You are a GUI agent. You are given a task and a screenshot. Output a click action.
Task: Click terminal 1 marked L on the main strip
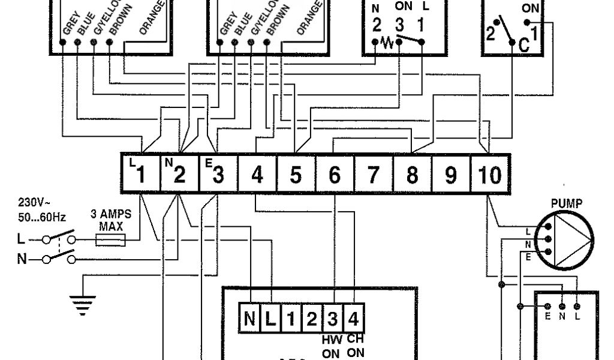pyautogui.click(x=140, y=173)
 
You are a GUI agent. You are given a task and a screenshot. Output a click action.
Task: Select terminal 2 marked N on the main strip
pyautogui.click(x=178, y=173)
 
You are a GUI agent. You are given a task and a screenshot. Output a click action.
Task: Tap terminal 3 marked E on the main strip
pyautogui.click(x=217, y=173)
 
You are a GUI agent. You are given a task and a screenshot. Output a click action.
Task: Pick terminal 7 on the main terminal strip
pyautogui.click(x=373, y=174)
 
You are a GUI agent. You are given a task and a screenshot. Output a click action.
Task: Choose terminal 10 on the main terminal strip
pyautogui.click(x=489, y=174)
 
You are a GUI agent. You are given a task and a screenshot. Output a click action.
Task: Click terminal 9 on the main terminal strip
pyautogui.click(x=451, y=174)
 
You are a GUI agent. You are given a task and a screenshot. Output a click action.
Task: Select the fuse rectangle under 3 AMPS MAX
pyautogui.click(x=110, y=241)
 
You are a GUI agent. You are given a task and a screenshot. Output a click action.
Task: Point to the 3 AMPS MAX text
pyautogui.click(x=111, y=220)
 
